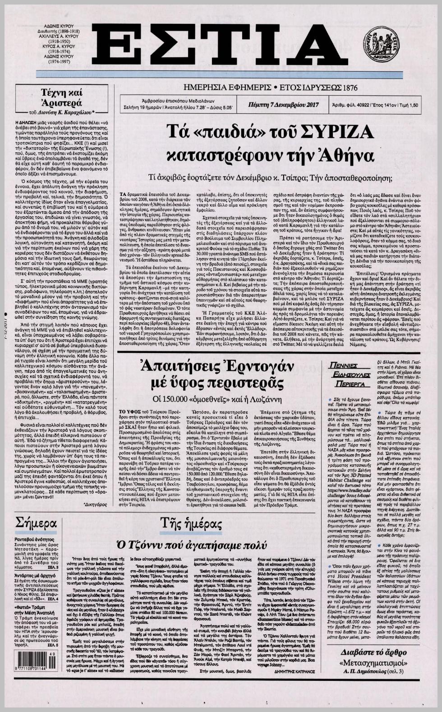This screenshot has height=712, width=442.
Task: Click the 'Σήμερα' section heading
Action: (36, 524)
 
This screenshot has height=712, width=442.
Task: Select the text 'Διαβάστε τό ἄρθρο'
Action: (374, 652)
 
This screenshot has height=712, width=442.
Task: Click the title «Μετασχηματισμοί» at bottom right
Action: (374, 663)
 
